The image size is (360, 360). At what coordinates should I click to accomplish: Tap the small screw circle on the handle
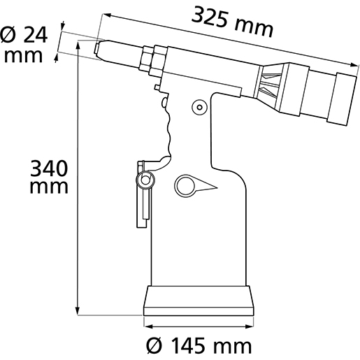coord(199,107)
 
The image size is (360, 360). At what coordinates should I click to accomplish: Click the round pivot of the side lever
coord(146,180)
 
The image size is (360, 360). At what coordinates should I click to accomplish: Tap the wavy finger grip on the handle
coord(168,133)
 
